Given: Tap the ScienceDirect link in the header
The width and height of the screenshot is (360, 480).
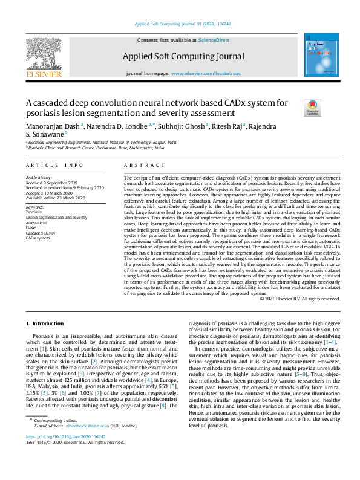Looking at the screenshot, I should click(x=214, y=39).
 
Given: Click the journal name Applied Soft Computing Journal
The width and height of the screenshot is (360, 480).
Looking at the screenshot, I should click(x=183, y=57).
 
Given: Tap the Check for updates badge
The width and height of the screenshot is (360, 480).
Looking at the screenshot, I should click(x=313, y=108).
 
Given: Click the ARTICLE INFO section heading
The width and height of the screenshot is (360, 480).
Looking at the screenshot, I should click(x=54, y=165).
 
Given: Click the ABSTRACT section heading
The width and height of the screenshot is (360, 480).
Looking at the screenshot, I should click(x=141, y=165).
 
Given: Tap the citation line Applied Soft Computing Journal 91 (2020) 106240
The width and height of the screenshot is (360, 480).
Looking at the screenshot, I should click(x=183, y=24).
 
